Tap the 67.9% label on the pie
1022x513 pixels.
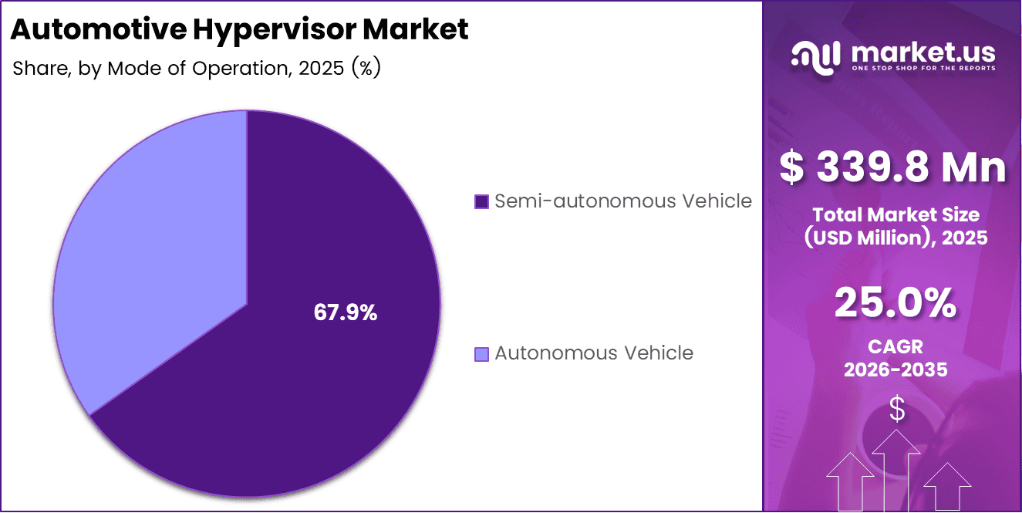pyautogui.click(x=345, y=312)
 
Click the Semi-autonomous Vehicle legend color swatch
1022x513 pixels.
pyautogui.click(x=481, y=202)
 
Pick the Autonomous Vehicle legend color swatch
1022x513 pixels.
pyautogui.click(x=481, y=354)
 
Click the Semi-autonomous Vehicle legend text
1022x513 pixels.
pyautogui.click(x=622, y=201)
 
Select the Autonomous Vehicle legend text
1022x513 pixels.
pyautogui.click(x=593, y=353)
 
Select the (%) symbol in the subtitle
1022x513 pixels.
pyautogui.click(x=366, y=68)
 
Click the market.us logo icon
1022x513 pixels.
pyautogui.click(x=817, y=56)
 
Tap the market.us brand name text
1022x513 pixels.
pyautogui.click(x=922, y=52)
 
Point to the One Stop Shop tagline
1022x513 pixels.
pyautogui.click(x=922, y=69)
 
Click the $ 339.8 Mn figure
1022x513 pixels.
pyautogui.click(x=892, y=168)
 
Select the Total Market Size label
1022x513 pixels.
pyautogui.click(x=896, y=214)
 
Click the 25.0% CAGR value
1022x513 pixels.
pyautogui.click(x=896, y=303)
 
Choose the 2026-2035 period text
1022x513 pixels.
pyautogui.click(x=896, y=370)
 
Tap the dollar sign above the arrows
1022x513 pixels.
pyautogui.click(x=896, y=409)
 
